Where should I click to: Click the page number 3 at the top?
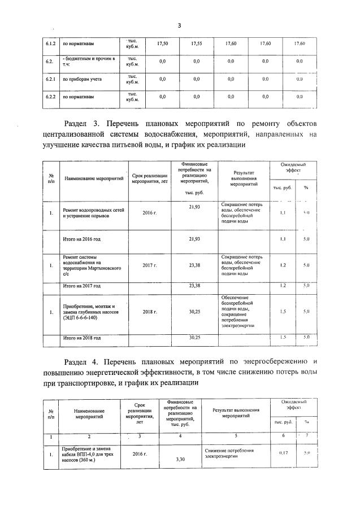pos(179,25)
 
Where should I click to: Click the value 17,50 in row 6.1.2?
pos(162,43)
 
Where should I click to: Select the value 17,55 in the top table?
pos(196,43)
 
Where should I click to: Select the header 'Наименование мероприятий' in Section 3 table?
pos(94,178)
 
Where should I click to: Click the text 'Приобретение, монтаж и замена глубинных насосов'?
pos(89,312)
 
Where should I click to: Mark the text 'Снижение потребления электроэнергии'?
pos(229,454)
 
